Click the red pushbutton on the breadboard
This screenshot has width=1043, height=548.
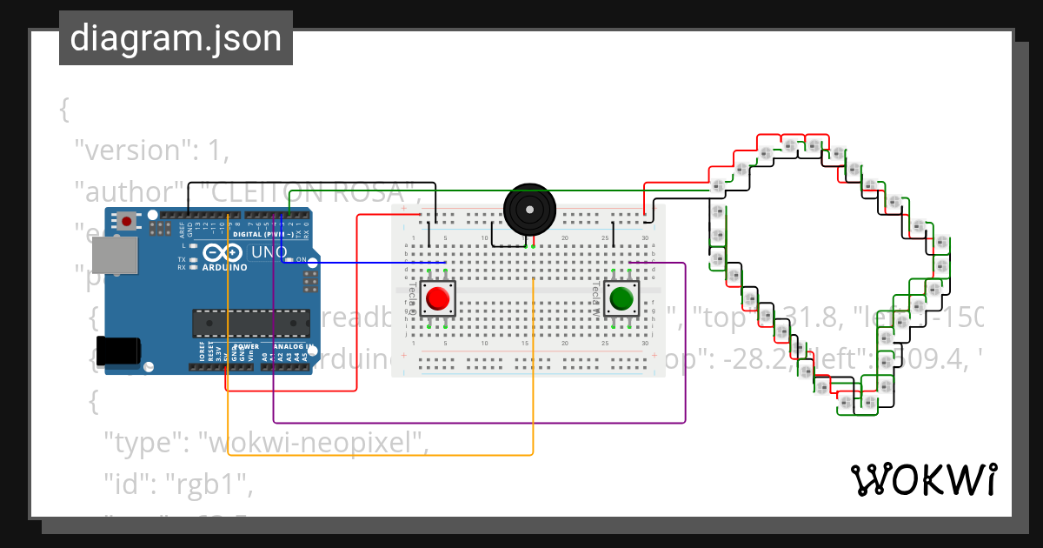click(x=438, y=299)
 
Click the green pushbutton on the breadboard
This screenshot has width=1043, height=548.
click(x=621, y=298)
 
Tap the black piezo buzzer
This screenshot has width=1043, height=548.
click(x=528, y=210)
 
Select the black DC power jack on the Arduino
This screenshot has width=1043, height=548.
click(x=116, y=351)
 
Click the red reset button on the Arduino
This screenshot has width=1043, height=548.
click(x=128, y=221)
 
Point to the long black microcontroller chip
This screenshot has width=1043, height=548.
click(x=250, y=322)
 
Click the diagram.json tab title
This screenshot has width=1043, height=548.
click(x=176, y=38)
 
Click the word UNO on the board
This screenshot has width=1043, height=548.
click(x=269, y=252)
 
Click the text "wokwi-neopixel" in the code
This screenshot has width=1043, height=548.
click(x=314, y=443)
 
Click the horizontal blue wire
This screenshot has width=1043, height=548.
click(x=365, y=263)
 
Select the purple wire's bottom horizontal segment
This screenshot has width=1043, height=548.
click(x=478, y=423)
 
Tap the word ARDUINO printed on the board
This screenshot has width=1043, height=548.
click(x=224, y=267)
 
